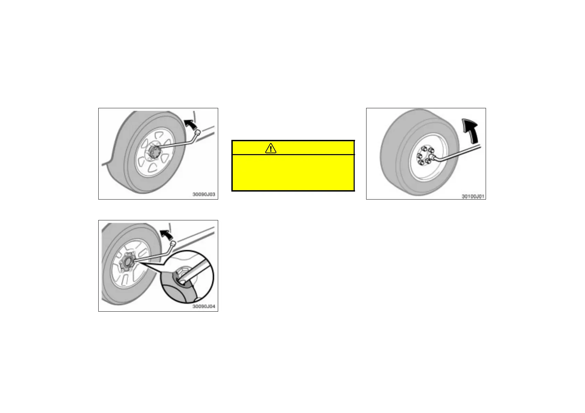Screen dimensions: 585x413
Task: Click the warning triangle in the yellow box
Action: (x=270, y=149)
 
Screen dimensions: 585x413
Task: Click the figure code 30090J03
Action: (x=204, y=194)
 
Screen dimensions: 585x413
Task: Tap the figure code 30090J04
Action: (x=204, y=306)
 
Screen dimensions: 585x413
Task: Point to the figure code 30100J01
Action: (x=472, y=196)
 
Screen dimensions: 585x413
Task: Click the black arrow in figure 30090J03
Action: (x=190, y=124)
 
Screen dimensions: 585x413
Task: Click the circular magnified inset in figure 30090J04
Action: (x=187, y=277)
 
